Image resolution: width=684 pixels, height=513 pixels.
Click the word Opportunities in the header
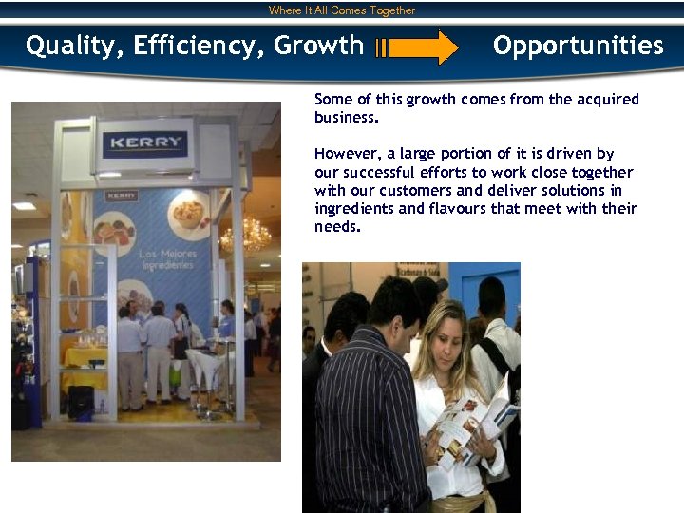point(578,46)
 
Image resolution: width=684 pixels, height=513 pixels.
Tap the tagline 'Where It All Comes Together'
point(342,10)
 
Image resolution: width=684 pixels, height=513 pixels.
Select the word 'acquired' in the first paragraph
point(609,100)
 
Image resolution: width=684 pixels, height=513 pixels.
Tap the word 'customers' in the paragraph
point(410,191)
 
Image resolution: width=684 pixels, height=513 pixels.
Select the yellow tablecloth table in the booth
point(85,365)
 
